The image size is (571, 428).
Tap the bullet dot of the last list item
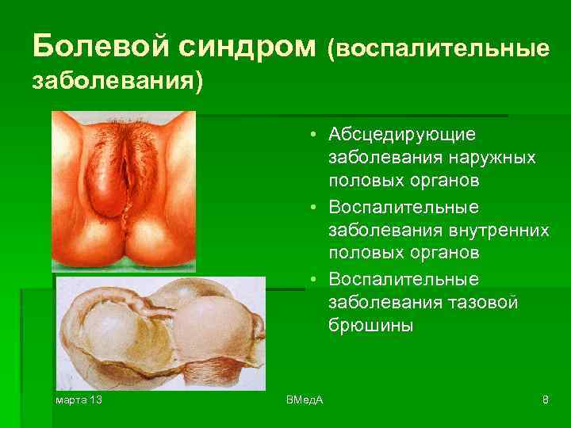(316, 280)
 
